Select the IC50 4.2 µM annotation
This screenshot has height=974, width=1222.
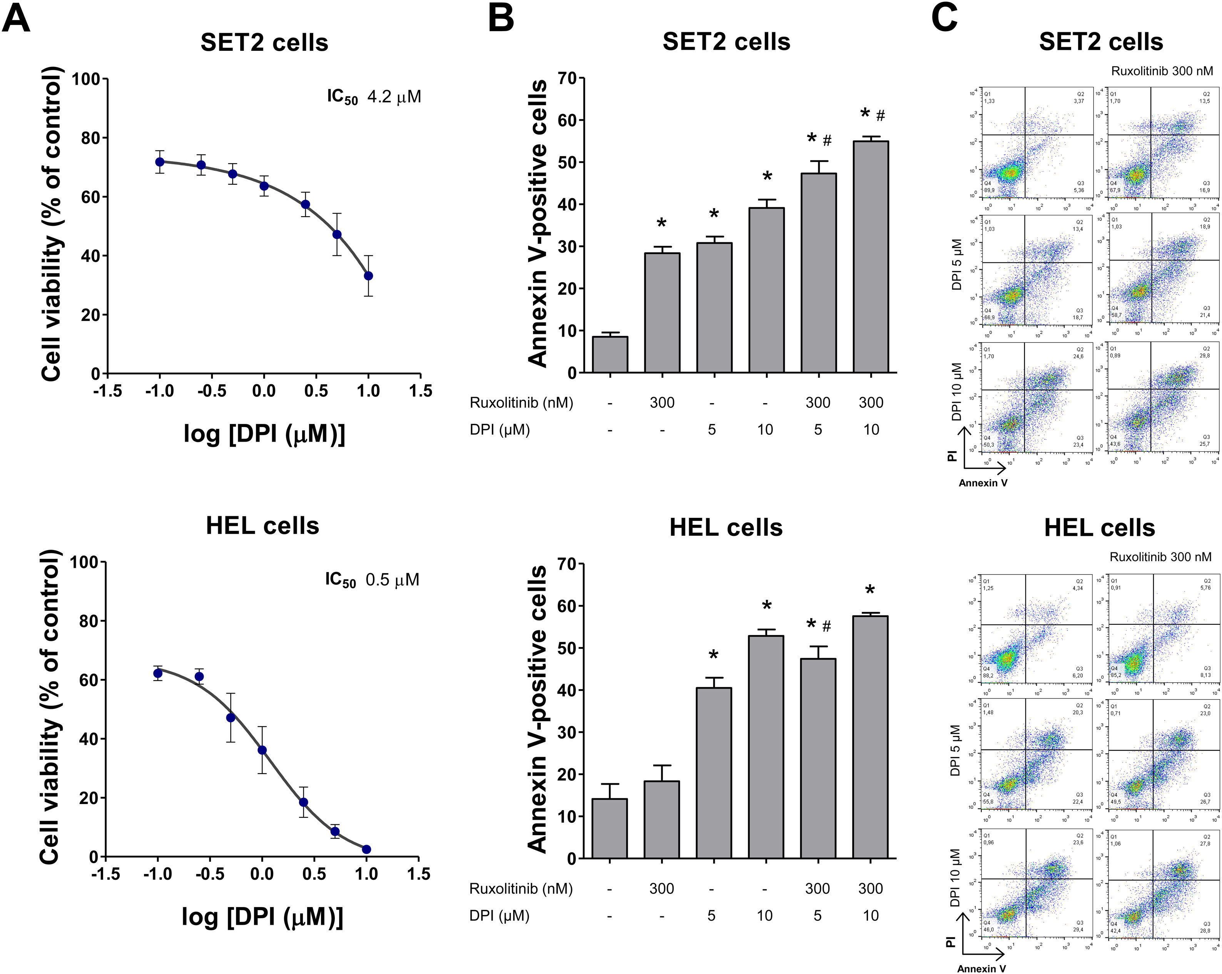(374, 97)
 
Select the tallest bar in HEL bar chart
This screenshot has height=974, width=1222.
(870, 737)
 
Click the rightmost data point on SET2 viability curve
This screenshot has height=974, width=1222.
(368, 276)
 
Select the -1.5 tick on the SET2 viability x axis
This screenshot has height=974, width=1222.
(108, 391)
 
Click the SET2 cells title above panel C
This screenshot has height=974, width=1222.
(1101, 42)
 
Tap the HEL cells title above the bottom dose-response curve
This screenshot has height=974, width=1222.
(262, 526)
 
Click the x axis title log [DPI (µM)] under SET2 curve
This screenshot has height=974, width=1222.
(264, 434)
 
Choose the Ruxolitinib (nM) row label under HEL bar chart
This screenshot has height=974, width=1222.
(521, 889)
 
